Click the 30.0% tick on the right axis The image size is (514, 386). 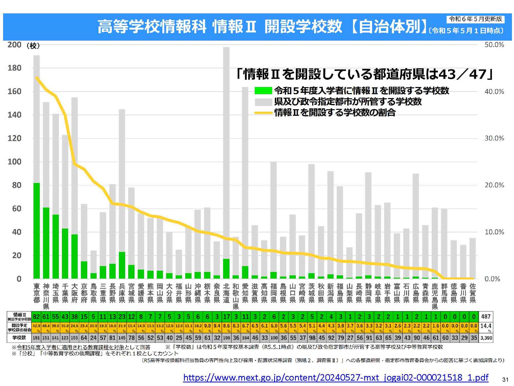coord(494,138)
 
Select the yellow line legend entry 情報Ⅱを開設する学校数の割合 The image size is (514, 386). coord(334,113)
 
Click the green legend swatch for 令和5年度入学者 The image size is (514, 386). coord(263,91)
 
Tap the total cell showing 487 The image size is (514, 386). coord(486,316)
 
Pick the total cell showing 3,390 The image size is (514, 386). coord(486,338)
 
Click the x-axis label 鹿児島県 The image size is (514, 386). coord(435,296)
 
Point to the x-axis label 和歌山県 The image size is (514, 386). coord(236,296)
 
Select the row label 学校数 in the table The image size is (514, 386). coord(19,338)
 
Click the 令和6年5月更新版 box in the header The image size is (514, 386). coord(475,19)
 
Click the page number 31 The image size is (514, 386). coord(505,380)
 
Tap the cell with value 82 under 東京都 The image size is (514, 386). coord(36,316)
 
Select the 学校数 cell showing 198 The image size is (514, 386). coord(226,338)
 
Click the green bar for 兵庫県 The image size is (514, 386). coord(122,265)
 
